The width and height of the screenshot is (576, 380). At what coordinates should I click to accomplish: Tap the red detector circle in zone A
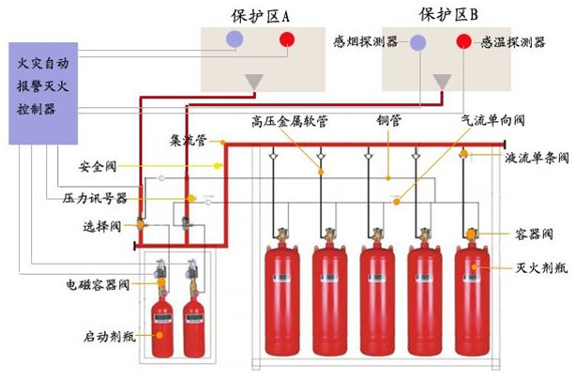click(x=286, y=40)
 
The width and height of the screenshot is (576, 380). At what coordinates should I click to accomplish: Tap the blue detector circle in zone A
click(x=235, y=40)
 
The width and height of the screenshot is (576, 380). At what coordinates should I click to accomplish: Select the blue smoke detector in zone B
click(x=417, y=42)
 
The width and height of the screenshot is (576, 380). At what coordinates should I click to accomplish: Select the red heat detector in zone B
click(x=463, y=41)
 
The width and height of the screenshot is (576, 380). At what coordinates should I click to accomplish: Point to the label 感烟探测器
click(x=365, y=42)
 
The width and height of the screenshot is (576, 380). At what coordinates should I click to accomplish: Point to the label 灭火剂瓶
click(x=541, y=268)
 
